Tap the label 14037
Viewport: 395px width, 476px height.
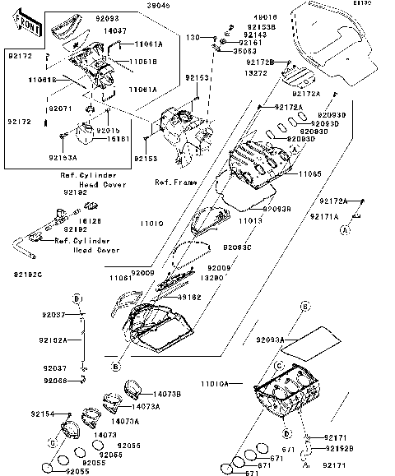coord(115,30)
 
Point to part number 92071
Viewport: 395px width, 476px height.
coord(59,108)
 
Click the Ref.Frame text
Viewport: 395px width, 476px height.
coord(173,181)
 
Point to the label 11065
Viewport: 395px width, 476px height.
coord(309,175)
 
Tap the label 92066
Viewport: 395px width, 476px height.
coord(55,380)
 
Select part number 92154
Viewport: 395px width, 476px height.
coord(43,414)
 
